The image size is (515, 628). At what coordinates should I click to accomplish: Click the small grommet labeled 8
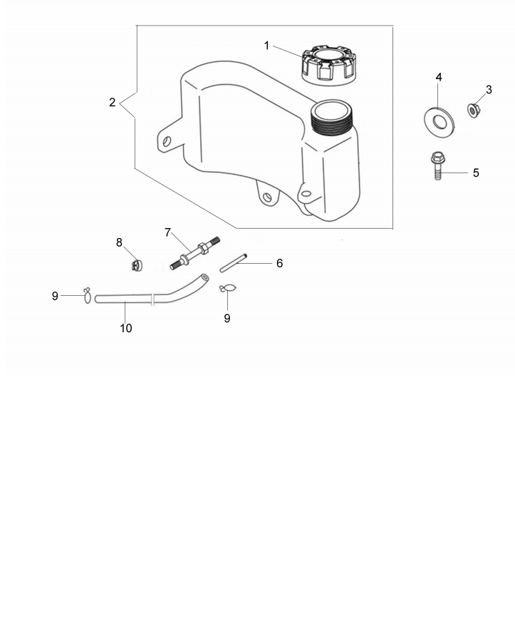pos(137,265)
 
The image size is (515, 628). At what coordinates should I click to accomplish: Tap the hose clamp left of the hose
pos(87,294)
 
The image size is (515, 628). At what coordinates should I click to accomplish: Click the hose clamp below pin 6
pos(228,288)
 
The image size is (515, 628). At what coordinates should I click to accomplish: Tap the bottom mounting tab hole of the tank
pos(266,197)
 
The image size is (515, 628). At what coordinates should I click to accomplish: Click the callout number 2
pos(113,103)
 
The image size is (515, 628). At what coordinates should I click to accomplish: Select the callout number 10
pos(126,329)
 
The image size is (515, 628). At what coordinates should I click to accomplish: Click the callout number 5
pos(476,173)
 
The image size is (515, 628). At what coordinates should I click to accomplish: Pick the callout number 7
pos(168,232)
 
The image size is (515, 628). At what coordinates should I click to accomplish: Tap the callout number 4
pos(439,76)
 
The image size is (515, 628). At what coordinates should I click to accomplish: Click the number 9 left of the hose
pos(55,296)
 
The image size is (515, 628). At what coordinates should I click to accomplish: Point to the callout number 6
pos(279,263)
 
